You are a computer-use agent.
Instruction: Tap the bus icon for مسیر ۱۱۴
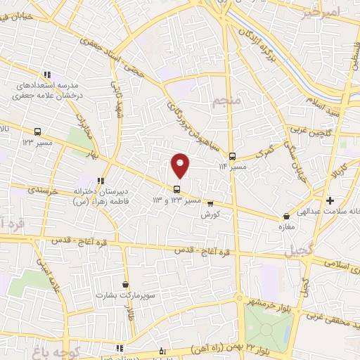pyautogui.click(x=233, y=157)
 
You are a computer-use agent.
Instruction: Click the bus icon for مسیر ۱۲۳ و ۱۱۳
pyautogui.click(x=176, y=188)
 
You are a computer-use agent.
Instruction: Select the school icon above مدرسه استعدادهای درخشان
pyautogui.click(x=47, y=75)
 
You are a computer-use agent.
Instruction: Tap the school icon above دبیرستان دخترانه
pyautogui.click(x=101, y=179)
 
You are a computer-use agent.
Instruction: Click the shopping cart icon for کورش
pyautogui.click(x=210, y=204)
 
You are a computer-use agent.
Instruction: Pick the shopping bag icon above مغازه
pyautogui.click(x=285, y=217)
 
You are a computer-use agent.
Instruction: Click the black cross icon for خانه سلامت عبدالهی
pyautogui.click(x=330, y=201)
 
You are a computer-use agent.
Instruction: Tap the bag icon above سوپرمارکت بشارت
pyautogui.click(x=125, y=285)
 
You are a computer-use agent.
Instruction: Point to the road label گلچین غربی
pyautogui.click(x=307, y=129)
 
